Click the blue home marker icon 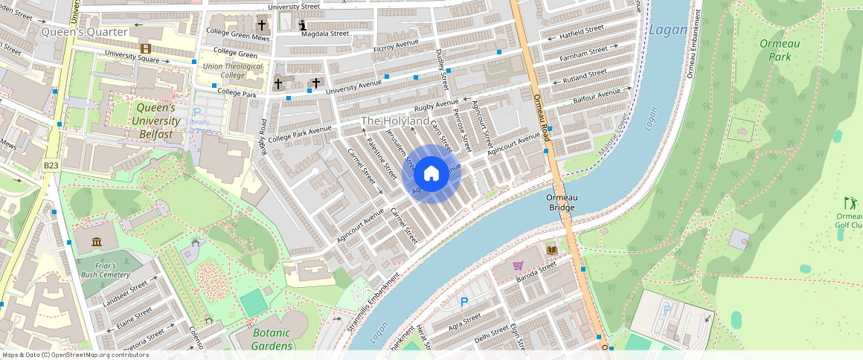coord(431,174)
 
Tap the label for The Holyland coord(394,120)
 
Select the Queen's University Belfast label coord(155,121)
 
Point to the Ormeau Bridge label coord(561,202)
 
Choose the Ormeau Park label coord(780,50)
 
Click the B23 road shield coord(51,165)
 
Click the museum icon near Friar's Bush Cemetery coord(97,242)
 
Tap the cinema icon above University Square coord(145,48)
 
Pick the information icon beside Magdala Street coord(302,25)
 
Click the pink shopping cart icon coord(518,265)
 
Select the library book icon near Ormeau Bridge coord(551,250)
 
